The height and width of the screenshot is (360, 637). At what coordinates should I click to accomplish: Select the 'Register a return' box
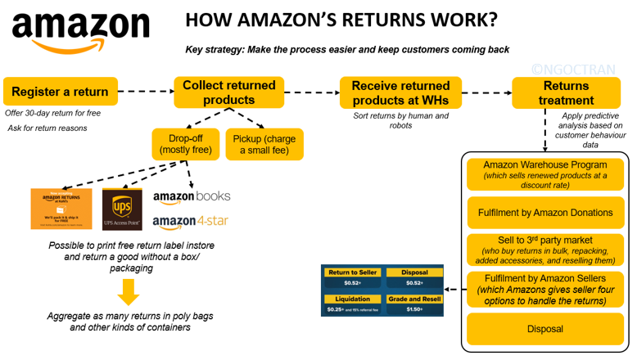click(x=60, y=92)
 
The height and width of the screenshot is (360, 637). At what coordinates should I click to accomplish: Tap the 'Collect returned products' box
click(x=228, y=92)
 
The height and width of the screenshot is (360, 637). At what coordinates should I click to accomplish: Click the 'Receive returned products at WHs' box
click(x=400, y=92)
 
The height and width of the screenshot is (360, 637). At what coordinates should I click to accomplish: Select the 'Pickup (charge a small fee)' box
click(x=264, y=144)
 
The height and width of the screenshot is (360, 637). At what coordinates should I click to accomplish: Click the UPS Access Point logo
click(x=122, y=209)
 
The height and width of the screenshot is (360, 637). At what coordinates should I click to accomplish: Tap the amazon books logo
click(x=192, y=196)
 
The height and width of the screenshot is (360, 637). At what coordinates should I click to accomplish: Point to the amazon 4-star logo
click(x=190, y=222)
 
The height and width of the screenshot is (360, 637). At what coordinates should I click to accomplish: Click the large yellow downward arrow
click(x=128, y=291)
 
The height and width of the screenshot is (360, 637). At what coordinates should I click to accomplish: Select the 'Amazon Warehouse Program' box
click(x=544, y=174)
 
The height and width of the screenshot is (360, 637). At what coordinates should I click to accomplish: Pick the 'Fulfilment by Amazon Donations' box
click(x=544, y=213)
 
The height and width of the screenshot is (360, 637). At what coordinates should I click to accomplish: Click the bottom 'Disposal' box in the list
click(x=544, y=329)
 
